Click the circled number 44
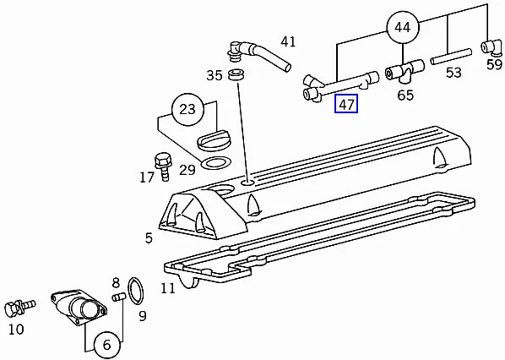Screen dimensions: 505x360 tap(403, 28)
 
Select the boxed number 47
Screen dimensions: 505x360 tap(346, 104)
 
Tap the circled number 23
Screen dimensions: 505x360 tap(187, 110)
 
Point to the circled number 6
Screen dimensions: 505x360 tap(107, 345)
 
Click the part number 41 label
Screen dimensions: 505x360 tap(288, 41)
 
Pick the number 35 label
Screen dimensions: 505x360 tap(214, 75)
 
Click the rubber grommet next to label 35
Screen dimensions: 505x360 tap(237, 75)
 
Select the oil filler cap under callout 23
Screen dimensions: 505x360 tap(214, 140)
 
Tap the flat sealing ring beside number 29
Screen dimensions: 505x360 tap(216, 163)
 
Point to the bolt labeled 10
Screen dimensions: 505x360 tap(20, 307)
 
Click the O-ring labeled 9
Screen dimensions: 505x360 tap(136, 291)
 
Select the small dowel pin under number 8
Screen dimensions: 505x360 tap(118, 297)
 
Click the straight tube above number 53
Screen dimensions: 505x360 tap(451, 57)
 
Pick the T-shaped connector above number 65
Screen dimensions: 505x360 tap(405, 70)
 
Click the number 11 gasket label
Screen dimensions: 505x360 tap(168, 288)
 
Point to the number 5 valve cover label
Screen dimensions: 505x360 tap(149, 238)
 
